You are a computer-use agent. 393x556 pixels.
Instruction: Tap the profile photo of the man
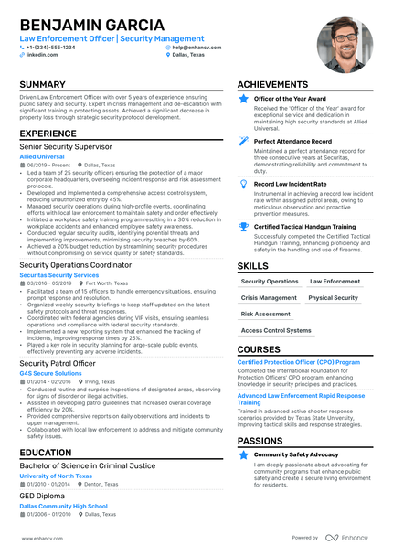click(x=344, y=44)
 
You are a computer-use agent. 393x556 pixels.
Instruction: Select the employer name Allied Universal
click(x=44, y=156)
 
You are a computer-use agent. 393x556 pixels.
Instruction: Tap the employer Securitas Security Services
click(x=59, y=274)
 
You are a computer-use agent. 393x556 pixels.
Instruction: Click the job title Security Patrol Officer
click(x=58, y=363)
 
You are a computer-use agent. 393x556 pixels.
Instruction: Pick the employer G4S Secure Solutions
click(x=50, y=373)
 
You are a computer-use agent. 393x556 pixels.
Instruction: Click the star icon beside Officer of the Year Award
click(x=243, y=98)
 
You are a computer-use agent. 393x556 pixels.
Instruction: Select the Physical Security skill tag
click(x=334, y=298)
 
